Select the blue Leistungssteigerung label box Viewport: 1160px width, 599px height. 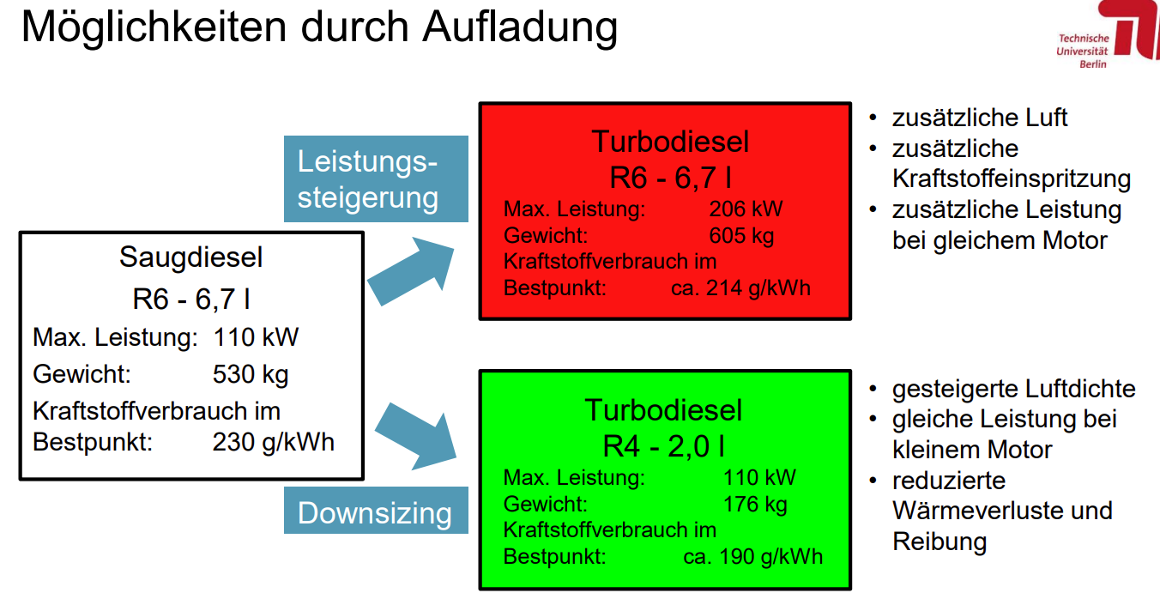point(376,178)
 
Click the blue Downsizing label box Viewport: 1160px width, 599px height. point(376,511)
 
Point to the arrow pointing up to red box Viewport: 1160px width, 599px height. point(411,271)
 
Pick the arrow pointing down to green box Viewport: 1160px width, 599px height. point(415,436)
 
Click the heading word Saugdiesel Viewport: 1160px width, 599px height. point(191,257)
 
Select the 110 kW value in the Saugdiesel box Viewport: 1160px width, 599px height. point(256,337)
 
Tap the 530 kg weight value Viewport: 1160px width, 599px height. point(251,374)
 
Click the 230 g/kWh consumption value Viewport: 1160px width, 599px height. point(274,443)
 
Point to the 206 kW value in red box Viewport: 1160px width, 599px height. point(746,209)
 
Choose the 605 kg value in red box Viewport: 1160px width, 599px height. point(741,236)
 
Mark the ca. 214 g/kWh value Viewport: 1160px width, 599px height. point(740,288)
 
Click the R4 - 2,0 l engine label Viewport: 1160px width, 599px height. point(663,446)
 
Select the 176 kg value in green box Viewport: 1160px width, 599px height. point(755,505)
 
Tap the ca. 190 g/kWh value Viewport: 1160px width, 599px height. point(753,556)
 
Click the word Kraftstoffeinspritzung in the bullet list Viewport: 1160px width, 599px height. point(1012,179)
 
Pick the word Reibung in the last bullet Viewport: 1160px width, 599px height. point(939,542)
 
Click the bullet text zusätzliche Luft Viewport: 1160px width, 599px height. point(980,118)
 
